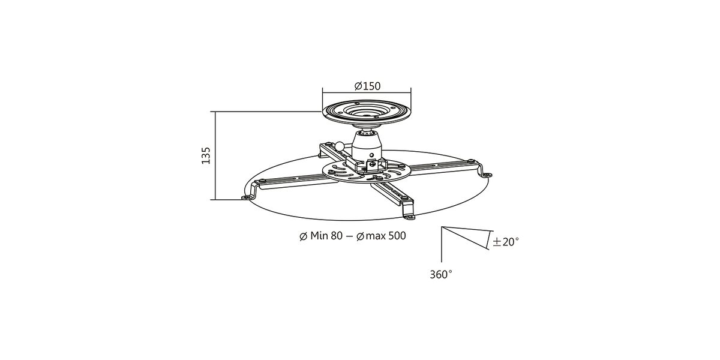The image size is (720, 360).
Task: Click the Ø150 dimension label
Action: pyautogui.click(x=367, y=86)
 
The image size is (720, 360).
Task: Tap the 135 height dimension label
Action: pyautogui.click(x=206, y=155)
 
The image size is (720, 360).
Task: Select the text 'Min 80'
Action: pyautogui.click(x=326, y=236)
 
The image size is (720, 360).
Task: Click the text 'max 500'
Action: pyautogui.click(x=386, y=236)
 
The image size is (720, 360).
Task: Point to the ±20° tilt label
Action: pyautogui.click(x=506, y=242)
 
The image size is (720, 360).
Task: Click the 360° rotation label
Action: pyautogui.click(x=441, y=275)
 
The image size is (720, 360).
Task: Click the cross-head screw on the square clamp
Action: pyautogui.click(x=373, y=164)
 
